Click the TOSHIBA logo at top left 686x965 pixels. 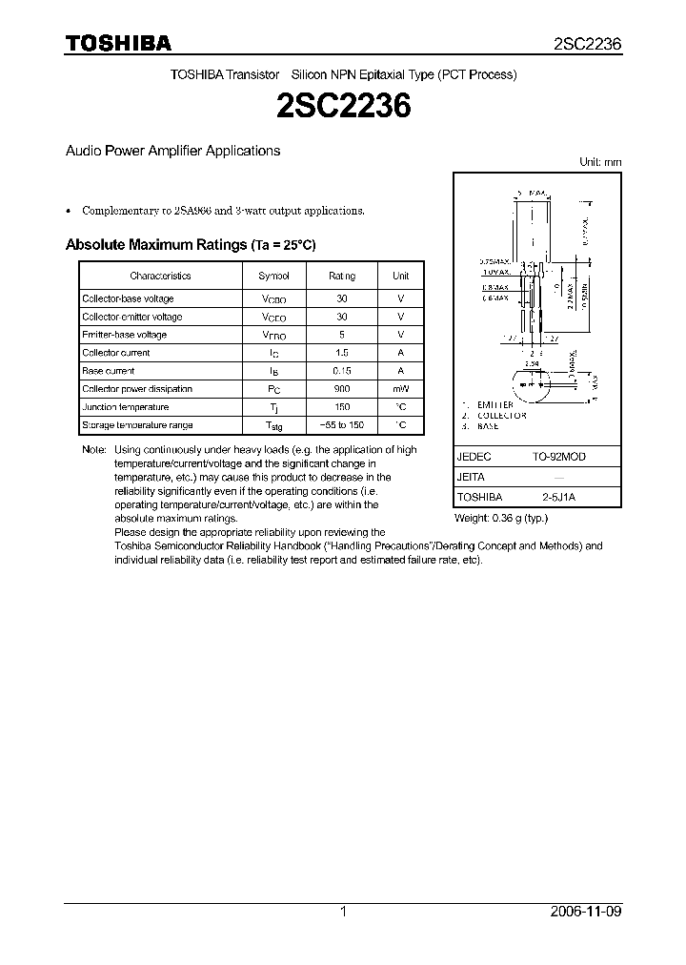coord(118,43)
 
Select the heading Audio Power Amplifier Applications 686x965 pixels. coord(172,151)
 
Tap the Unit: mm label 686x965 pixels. coord(600,162)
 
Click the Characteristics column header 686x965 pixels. coord(160,276)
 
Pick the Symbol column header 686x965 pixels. coord(273,276)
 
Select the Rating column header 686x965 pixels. coord(342,276)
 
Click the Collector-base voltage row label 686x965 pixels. coord(128,298)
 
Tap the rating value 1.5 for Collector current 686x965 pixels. coord(342,353)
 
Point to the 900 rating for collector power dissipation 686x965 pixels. coord(342,389)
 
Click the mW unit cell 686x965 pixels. coord(401,389)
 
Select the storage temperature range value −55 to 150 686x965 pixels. coord(342,425)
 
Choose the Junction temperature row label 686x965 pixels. coord(126,407)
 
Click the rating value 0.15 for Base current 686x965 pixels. coord(342,371)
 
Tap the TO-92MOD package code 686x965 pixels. coord(559,457)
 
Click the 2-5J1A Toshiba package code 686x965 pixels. coord(559,497)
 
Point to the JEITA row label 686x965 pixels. coord(472,477)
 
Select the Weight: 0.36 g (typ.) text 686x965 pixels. coord(502,518)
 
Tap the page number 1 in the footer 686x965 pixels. coord(343,912)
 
